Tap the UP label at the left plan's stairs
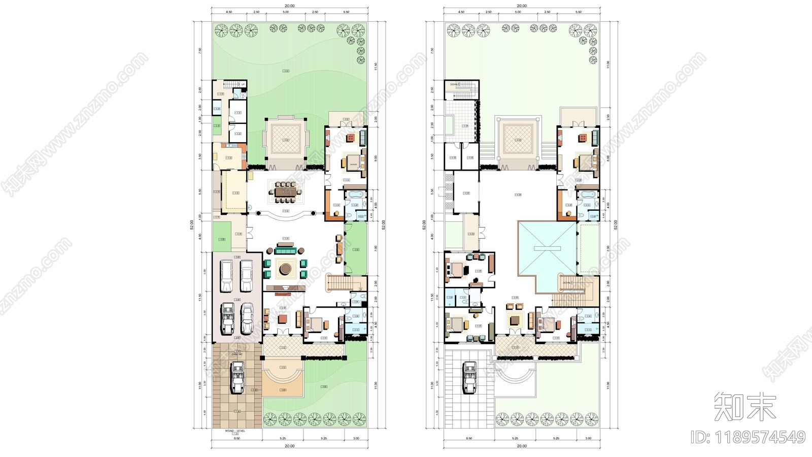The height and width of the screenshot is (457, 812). click(x=243, y=84)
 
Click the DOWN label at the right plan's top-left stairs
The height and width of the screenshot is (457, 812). click(x=454, y=84)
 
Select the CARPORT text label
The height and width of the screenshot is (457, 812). click(x=236, y=354)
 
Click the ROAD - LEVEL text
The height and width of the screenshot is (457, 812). click(x=235, y=431)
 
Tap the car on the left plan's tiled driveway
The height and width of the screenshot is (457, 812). click(x=237, y=377)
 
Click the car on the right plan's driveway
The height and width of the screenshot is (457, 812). click(x=470, y=377)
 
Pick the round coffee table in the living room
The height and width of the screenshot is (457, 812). click(x=284, y=268)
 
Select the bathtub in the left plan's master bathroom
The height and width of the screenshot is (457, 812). click(x=356, y=194)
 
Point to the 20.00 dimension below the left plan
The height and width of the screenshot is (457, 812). click(x=289, y=446)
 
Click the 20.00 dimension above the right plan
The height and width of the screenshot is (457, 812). click(x=521, y=6)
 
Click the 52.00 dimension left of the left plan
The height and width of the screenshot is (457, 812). click(x=192, y=225)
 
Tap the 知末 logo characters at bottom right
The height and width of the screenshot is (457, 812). click(x=745, y=407)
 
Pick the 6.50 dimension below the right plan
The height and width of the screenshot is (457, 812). click(x=469, y=438)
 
